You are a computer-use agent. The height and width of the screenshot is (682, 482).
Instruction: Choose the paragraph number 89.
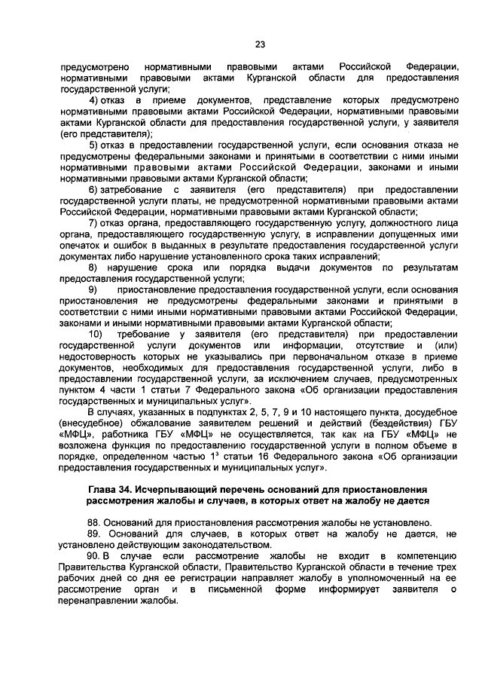tap(96, 534)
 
